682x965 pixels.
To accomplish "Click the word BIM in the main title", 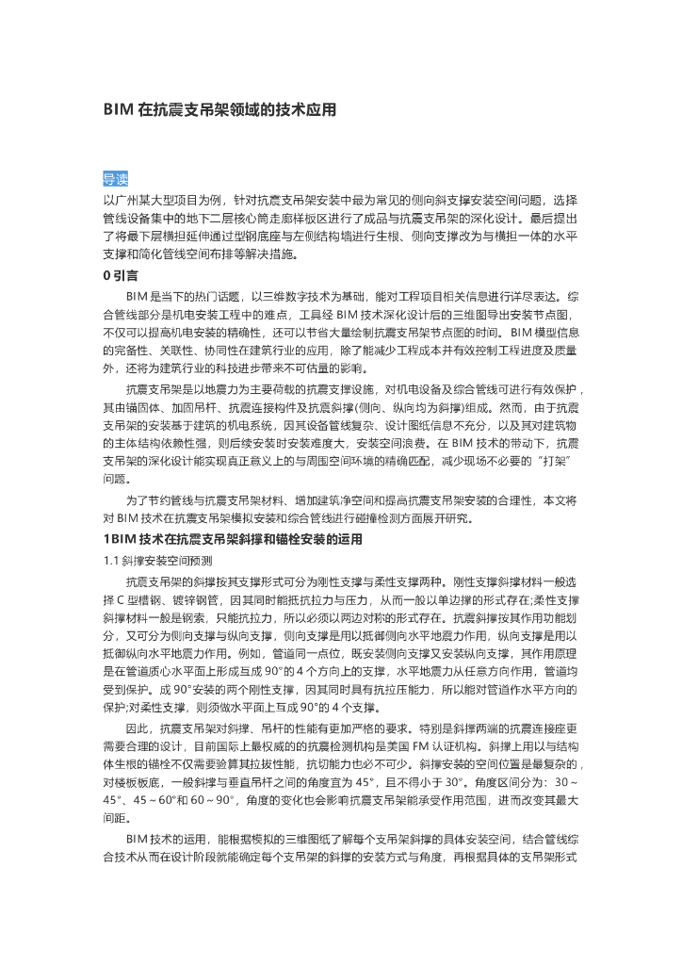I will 117,110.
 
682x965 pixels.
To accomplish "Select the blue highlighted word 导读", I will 115,179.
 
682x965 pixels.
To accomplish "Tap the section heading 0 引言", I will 121,275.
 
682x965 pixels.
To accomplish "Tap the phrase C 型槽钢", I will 140,599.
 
